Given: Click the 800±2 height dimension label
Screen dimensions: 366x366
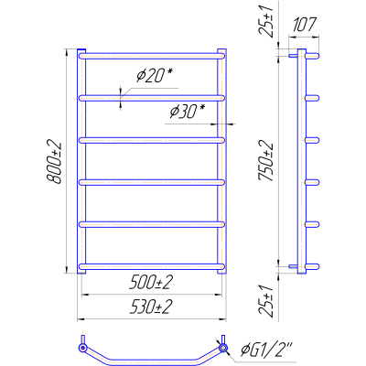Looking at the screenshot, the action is pyautogui.click(x=54, y=162).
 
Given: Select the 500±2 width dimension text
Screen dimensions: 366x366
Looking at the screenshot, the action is pyautogui.click(x=151, y=283).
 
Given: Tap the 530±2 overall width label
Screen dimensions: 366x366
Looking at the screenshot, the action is pyautogui.click(x=151, y=307).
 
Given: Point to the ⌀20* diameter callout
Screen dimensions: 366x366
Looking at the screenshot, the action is pyautogui.click(x=155, y=75).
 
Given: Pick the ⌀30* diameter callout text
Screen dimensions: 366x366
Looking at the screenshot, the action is pyautogui.click(x=188, y=112).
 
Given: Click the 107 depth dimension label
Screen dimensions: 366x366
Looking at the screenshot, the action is pyautogui.click(x=304, y=25).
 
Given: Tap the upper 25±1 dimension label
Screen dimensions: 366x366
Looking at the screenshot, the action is pyautogui.click(x=266, y=21).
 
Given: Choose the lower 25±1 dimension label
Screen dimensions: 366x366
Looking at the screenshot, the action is pyautogui.click(x=266, y=301).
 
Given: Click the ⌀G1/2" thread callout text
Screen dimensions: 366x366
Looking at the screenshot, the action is pyautogui.click(x=266, y=350).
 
